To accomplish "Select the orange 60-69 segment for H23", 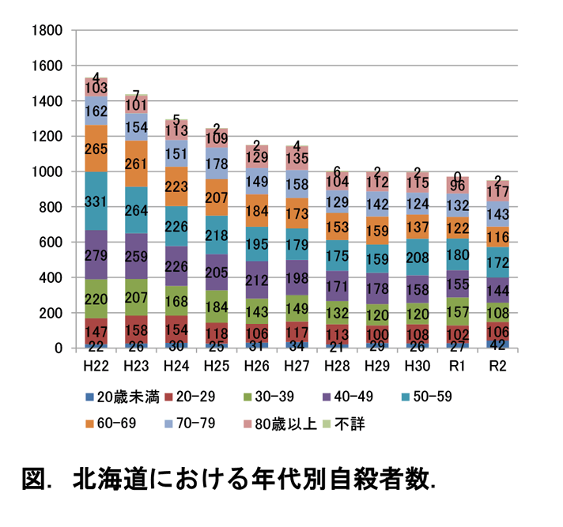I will [137, 164].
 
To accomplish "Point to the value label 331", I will [96, 202].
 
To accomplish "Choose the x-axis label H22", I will [96, 367].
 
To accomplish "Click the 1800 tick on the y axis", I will [47, 31].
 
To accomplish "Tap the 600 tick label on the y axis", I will [51, 243].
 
